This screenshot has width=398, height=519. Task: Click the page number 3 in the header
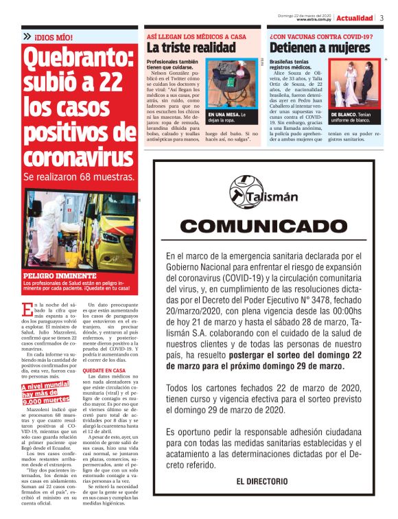click(382, 18)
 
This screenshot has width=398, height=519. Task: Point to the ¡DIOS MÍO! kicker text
click(54, 36)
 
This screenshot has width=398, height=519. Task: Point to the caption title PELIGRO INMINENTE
click(54, 275)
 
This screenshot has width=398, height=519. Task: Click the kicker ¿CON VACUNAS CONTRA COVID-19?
click(321, 36)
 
